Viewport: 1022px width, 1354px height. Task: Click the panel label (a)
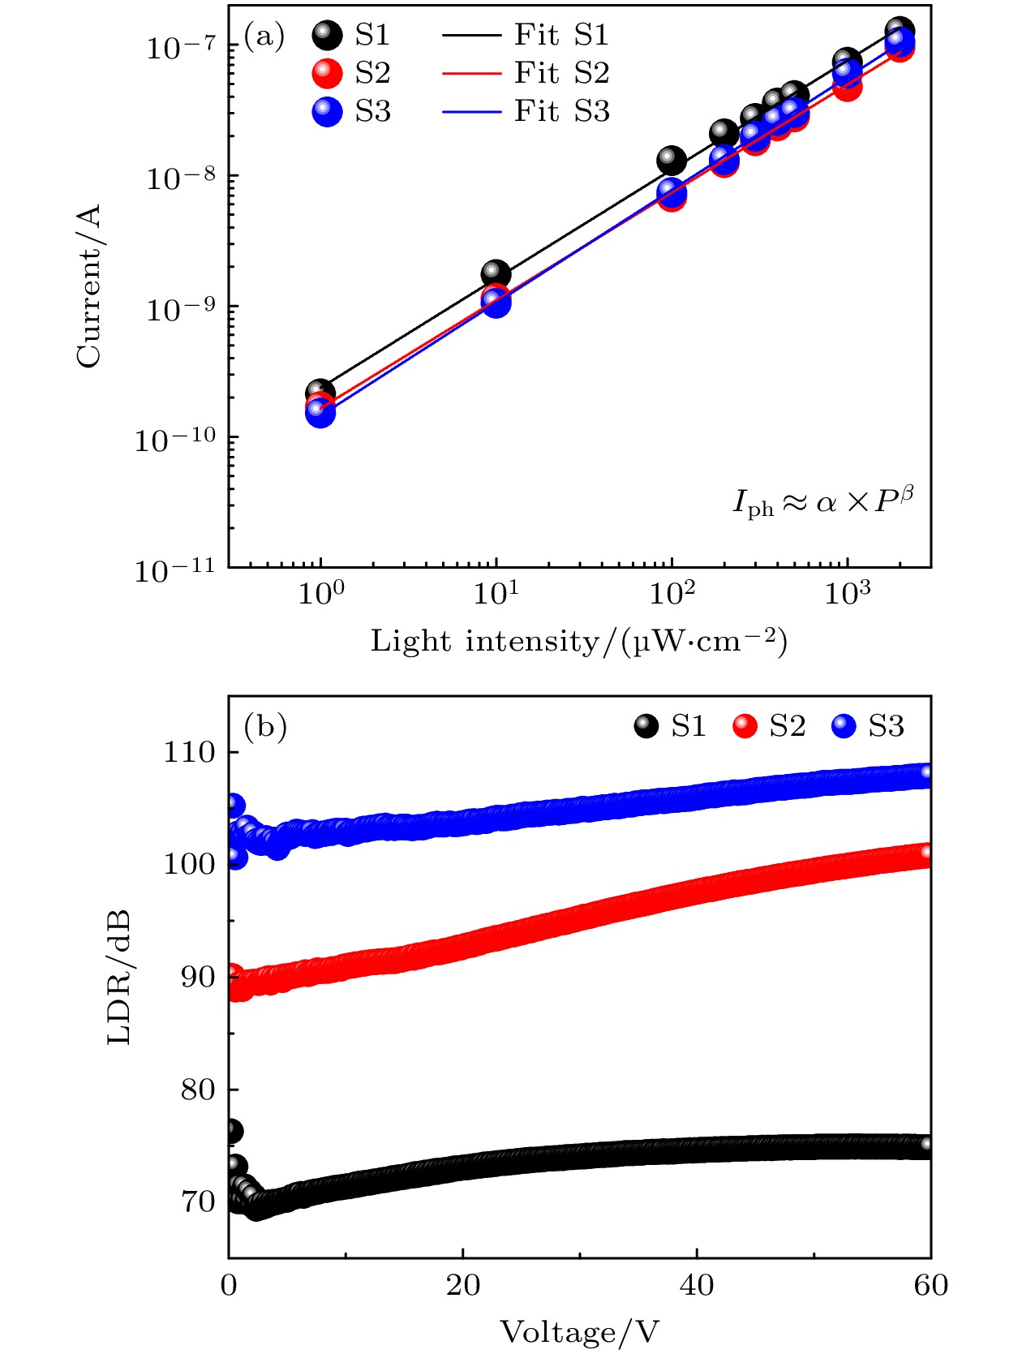[264, 37]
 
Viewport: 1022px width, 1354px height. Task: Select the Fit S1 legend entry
[526, 36]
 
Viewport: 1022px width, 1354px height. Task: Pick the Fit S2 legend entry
[526, 74]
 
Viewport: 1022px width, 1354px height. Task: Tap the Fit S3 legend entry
[526, 112]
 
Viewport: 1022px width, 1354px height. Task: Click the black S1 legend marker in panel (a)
[328, 36]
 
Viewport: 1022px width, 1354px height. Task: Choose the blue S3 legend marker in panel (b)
[844, 726]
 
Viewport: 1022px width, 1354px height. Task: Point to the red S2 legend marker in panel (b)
[745, 726]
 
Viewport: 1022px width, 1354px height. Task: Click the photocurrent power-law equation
[822, 503]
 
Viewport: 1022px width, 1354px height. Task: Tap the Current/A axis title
[89, 286]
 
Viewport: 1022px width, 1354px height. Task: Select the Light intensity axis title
[579, 642]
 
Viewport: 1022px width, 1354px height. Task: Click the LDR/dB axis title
[119, 978]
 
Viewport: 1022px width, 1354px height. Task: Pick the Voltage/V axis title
[579, 1332]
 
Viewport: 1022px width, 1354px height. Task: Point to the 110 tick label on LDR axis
[190, 753]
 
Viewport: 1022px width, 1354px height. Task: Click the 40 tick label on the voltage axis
[697, 1285]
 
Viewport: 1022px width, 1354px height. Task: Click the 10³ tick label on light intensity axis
[847, 595]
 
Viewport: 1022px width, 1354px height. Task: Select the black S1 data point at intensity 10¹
[496, 274]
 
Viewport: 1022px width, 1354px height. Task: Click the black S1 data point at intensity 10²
[671, 161]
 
